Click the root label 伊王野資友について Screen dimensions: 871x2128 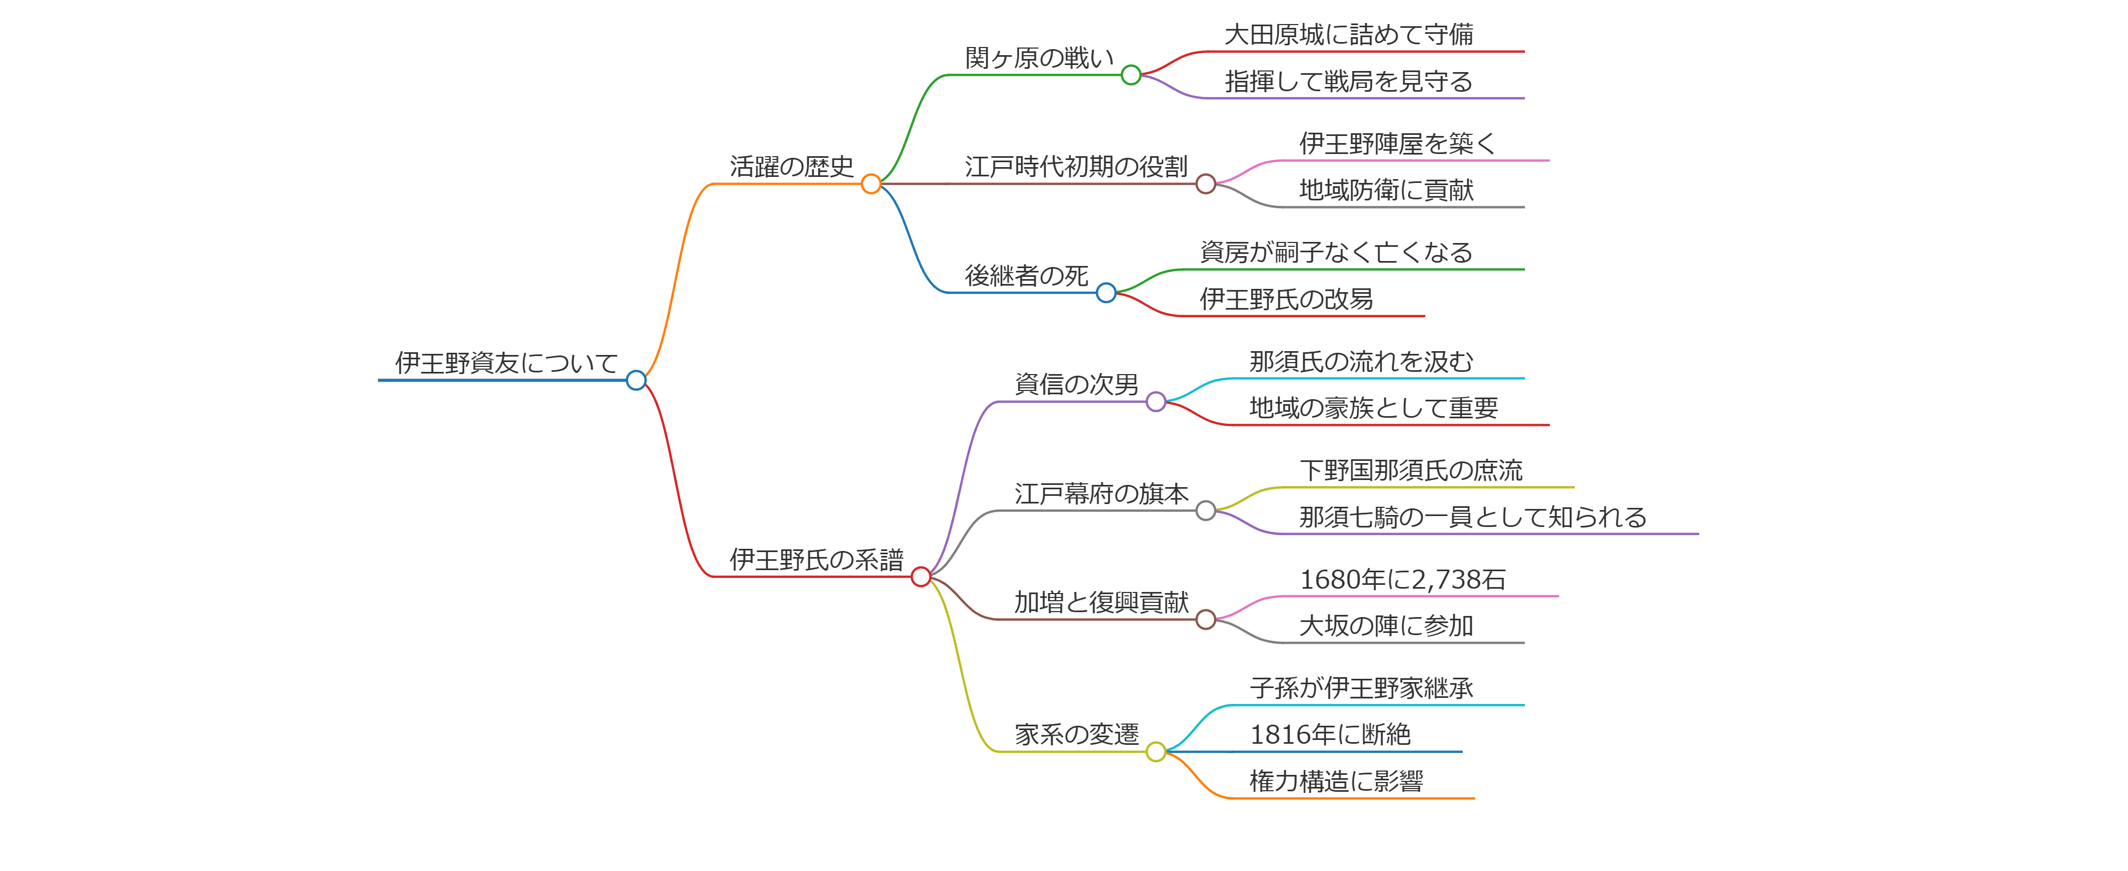point(506,363)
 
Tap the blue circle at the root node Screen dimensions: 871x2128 point(635,381)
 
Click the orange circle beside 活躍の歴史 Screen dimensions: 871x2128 point(871,184)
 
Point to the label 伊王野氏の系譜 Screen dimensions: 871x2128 point(816,560)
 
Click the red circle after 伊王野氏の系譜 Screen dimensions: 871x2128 point(920,577)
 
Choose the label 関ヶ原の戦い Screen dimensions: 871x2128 point(1038,58)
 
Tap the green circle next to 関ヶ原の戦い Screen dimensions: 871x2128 point(1131,75)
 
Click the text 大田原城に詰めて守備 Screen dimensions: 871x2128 point(1348,34)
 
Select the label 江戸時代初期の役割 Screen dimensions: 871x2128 point(1075,167)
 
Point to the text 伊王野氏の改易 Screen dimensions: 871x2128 point(1286,299)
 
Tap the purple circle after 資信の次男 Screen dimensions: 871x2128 point(1156,402)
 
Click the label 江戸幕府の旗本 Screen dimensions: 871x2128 point(1101,494)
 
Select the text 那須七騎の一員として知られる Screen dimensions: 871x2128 point(1472,517)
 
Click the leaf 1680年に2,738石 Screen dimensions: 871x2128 point(1402,579)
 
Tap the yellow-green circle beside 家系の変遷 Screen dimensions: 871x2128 point(1156,752)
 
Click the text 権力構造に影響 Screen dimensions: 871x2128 point(1336,781)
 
